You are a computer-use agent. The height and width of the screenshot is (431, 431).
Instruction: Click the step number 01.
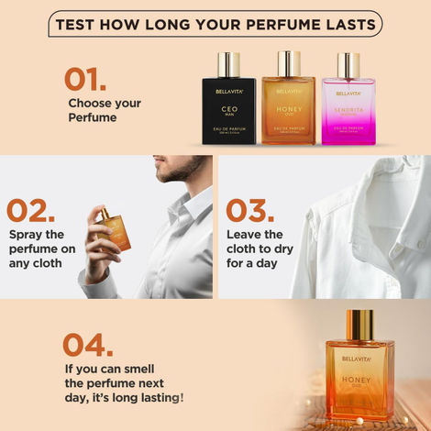[86, 79]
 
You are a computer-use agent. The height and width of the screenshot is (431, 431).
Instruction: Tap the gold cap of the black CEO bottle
[229, 64]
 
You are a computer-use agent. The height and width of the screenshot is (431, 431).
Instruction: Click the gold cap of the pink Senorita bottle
[348, 65]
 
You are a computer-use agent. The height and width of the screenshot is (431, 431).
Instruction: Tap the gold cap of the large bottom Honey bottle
[359, 322]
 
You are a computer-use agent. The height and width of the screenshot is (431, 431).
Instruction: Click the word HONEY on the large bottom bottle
[359, 379]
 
